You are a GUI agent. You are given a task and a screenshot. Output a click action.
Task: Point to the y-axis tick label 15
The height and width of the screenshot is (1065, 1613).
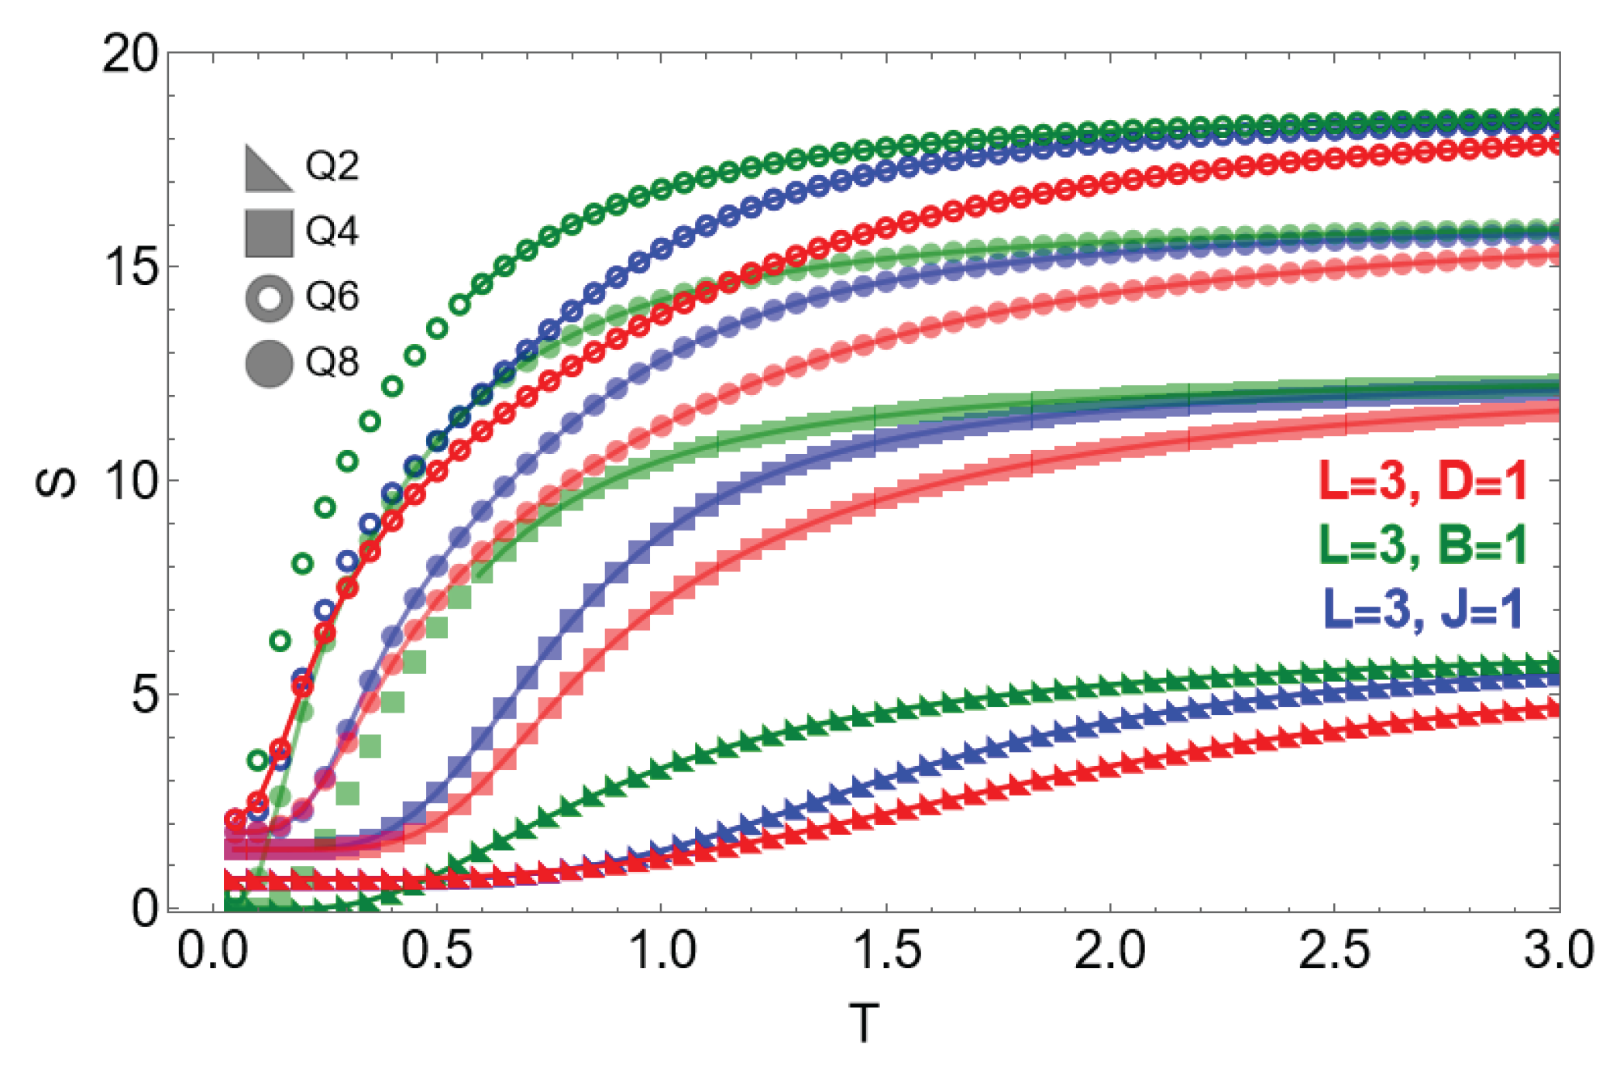[129, 267]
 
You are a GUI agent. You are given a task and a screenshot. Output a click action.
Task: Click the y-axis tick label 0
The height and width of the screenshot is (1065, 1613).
[145, 907]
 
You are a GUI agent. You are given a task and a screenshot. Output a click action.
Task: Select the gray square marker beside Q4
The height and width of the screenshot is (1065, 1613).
[269, 233]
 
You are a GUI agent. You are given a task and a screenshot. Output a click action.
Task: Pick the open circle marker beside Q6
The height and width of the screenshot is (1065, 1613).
[269, 298]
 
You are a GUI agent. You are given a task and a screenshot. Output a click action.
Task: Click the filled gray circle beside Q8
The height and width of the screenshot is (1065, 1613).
[269, 363]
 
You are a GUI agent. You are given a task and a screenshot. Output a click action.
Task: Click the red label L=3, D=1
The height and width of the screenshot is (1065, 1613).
[1422, 481]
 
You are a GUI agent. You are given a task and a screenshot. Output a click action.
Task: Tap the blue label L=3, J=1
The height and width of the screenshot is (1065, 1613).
[1422, 610]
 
